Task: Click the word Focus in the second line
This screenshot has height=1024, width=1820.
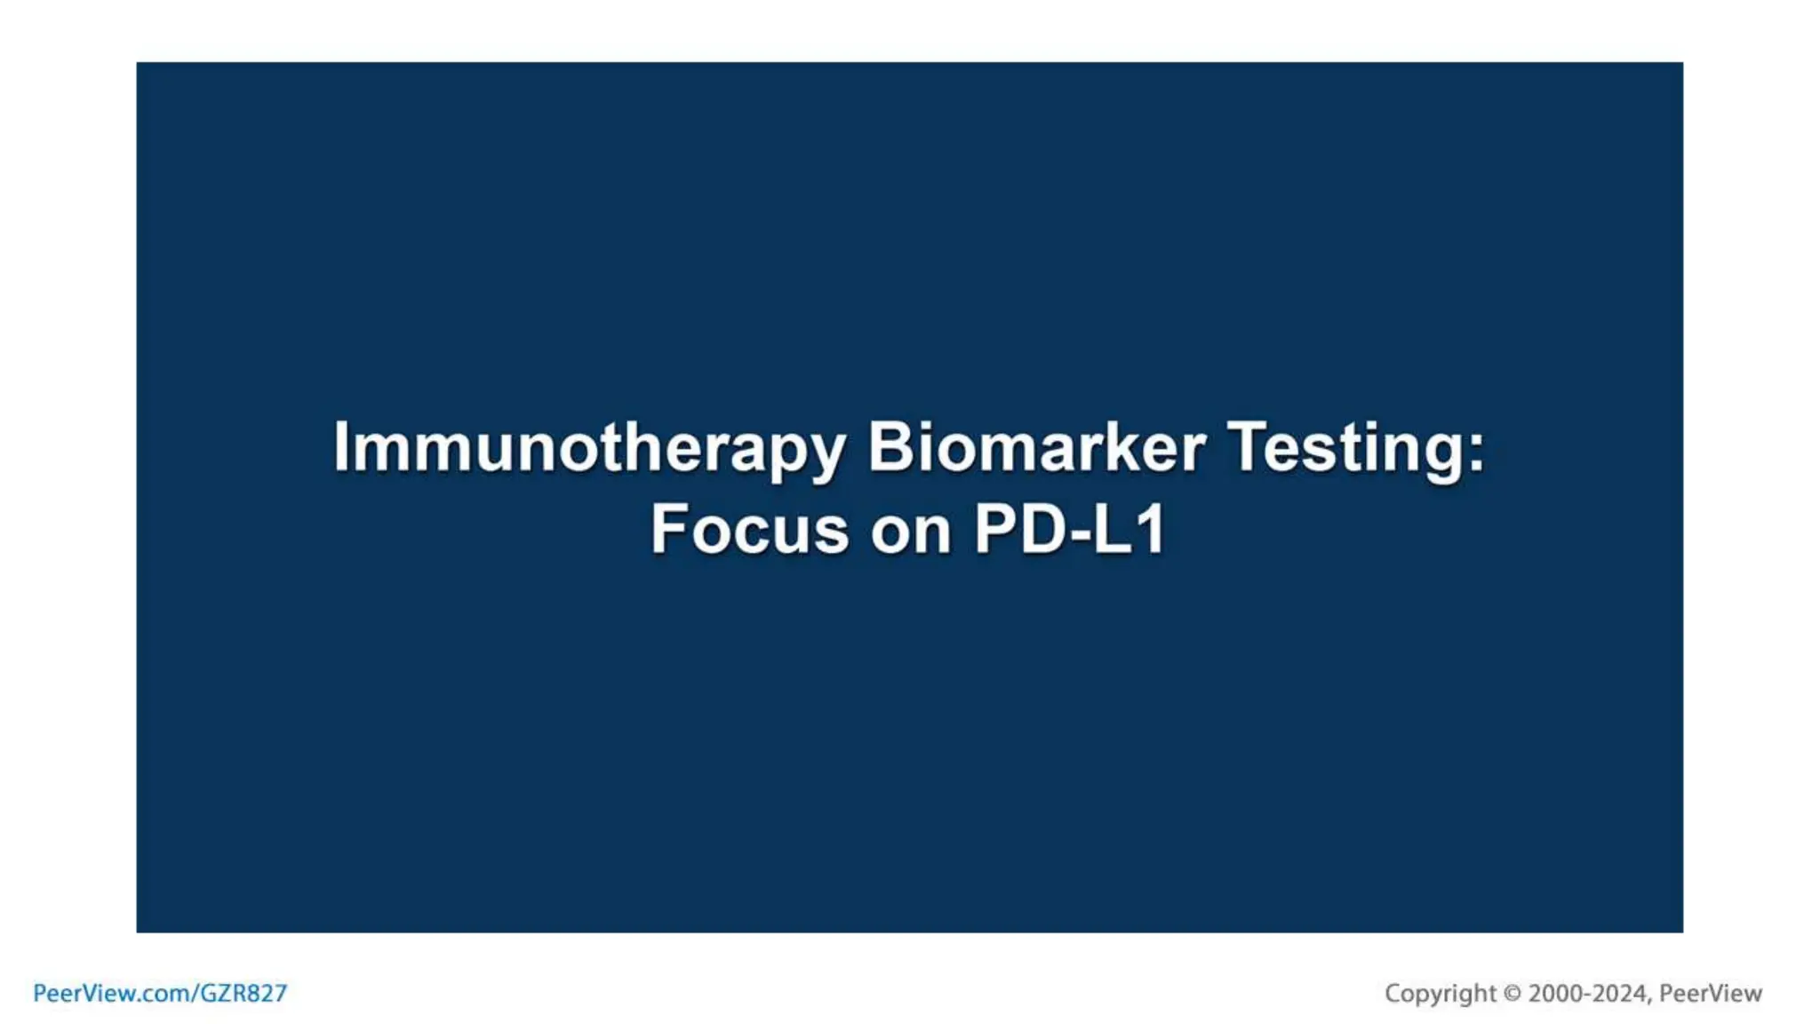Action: (749, 530)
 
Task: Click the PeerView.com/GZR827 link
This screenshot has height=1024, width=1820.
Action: (160, 993)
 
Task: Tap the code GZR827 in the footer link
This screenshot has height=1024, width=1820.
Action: (243, 993)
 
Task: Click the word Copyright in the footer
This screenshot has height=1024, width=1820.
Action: (1440, 993)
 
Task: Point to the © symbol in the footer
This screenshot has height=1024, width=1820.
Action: (1512, 993)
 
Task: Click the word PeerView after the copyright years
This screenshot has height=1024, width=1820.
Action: (1711, 993)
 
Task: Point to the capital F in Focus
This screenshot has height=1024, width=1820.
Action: (668, 530)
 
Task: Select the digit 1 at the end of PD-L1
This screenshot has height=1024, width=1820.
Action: (1153, 530)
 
